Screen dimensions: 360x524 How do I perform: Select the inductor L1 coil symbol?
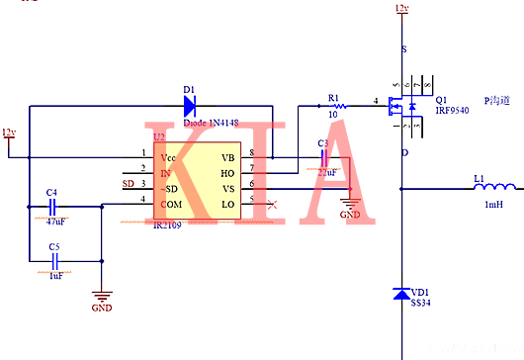pos(494,186)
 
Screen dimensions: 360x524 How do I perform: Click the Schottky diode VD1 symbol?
pos(400,294)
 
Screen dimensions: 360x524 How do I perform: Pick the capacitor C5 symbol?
pos(54,261)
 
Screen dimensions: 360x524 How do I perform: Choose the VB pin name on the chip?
pos(227,156)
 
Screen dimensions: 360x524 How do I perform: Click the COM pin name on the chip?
pos(173,203)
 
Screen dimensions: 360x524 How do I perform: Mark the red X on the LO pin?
pos(273,202)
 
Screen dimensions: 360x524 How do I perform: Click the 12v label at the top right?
pos(400,9)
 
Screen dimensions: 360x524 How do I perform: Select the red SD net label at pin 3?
pos(128,185)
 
